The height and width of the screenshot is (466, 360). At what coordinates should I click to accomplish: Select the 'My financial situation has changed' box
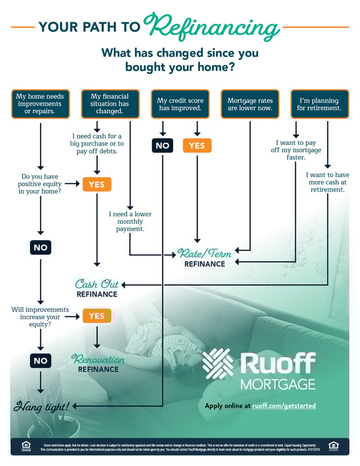point(110,104)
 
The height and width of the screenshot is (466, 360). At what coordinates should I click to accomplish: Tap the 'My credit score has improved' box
point(179,104)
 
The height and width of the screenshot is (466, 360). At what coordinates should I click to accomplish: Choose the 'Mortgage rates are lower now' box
point(250,104)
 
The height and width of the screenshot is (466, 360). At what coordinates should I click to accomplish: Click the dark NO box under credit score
point(162,145)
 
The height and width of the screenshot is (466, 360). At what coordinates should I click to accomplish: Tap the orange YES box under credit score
point(197,145)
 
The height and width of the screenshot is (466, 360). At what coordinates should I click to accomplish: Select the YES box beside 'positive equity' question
point(97,184)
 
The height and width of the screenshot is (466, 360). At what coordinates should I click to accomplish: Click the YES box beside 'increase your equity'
point(97,316)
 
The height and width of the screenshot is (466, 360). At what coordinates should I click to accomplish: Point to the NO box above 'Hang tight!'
point(40,360)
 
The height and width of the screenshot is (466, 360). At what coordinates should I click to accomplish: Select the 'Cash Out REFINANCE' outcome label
point(97,289)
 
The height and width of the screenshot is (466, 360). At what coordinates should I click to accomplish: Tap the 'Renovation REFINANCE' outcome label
point(98,364)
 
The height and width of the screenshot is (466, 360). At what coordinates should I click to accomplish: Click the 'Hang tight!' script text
point(41,406)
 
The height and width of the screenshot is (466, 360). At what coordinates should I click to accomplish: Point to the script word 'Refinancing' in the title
point(212,24)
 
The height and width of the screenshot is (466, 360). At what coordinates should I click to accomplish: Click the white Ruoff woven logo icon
point(218,364)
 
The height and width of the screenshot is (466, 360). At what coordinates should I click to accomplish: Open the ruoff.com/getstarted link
point(284,406)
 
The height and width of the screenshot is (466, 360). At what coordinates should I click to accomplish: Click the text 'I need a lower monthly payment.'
point(130,221)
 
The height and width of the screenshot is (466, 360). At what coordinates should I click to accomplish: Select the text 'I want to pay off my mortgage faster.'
point(296,150)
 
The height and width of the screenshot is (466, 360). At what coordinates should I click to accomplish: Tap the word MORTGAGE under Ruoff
point(278,384)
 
